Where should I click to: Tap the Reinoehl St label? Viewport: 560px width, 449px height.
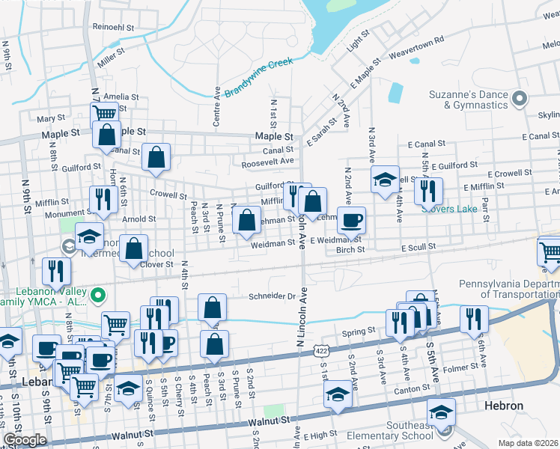coord(113,27)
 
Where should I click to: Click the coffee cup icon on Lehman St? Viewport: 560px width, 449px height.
coord(351,220)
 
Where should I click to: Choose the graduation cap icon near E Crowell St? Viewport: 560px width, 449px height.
coord(385,179)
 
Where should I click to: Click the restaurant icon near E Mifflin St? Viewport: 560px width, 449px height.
coord(427,190)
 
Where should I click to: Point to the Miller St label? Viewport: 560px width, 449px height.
coord(110,57)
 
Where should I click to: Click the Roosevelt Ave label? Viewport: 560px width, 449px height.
coord(267,162)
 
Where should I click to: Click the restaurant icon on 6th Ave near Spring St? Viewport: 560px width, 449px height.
coord(473,318)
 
